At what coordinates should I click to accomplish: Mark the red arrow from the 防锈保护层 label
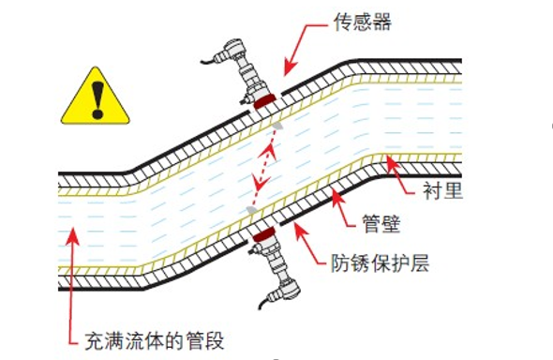(x=309, y=246)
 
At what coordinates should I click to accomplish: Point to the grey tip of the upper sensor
(x=278, y=123)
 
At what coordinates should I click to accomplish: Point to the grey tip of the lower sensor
(x=251, y=208)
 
